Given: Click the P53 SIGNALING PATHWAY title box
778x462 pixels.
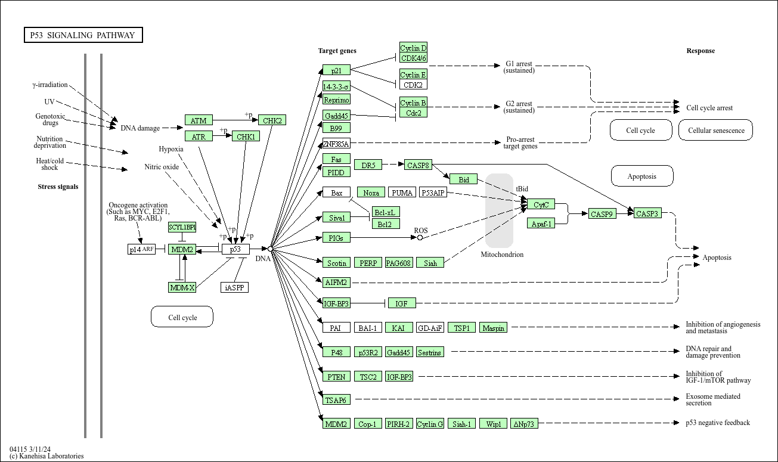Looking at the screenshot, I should [83, 35].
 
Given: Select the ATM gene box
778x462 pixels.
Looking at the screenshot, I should [199, 120].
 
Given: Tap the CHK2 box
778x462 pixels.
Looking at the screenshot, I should [272, 120].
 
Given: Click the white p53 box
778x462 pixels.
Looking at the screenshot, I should [235, 249].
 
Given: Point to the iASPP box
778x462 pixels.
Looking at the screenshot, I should [234, 288].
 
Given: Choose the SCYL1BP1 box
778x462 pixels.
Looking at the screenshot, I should [182, 227].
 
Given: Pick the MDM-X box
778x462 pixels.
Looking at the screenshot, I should [182, 288].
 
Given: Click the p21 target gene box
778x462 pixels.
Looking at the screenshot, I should [336, 70].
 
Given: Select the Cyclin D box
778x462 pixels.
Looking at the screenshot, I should [413, 48].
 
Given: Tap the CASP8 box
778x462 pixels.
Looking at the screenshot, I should [418, 165].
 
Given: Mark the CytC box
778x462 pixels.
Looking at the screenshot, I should [541, 204].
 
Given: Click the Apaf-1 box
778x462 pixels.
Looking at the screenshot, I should [541, 224].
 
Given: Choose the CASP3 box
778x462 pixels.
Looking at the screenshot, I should [647, 213].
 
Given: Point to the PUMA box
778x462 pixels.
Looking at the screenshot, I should [402, 193].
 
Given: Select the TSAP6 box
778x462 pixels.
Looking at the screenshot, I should [336, 400].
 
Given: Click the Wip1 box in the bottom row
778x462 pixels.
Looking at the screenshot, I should [493, 424].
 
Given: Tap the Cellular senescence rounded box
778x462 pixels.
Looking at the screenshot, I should [715, 130].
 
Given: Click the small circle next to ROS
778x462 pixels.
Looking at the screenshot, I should [420, 237].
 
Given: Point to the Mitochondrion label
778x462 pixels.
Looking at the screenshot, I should [502, 255].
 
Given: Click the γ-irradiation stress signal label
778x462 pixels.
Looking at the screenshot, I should [50, 85].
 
